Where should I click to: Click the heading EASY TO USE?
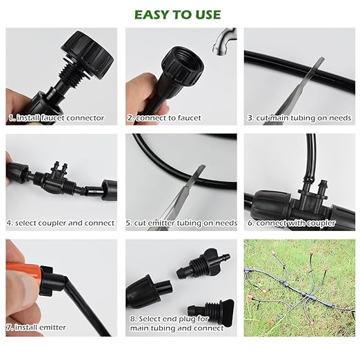click(x=178, y=14)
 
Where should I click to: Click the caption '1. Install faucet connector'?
click(x=57, y=118)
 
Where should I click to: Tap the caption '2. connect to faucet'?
click(x=168, y=118)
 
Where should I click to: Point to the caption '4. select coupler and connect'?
click(x=61, y=223)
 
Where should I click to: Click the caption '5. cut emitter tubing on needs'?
click(x=181, y=223)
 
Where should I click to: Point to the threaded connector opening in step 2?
click(x=181, y=64)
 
